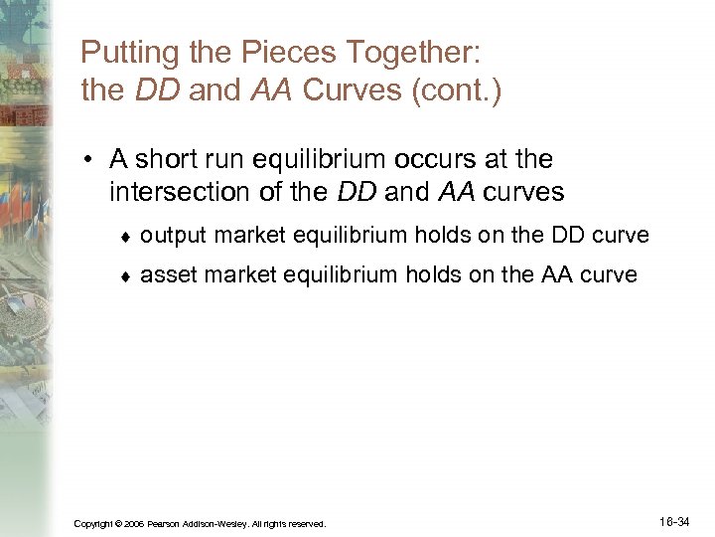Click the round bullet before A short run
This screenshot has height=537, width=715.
click(88, 160)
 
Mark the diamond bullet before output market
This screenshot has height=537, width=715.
click(123, 237)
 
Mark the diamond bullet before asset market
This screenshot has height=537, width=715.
click(123, 275)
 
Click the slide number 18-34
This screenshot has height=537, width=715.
click(679, 520)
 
